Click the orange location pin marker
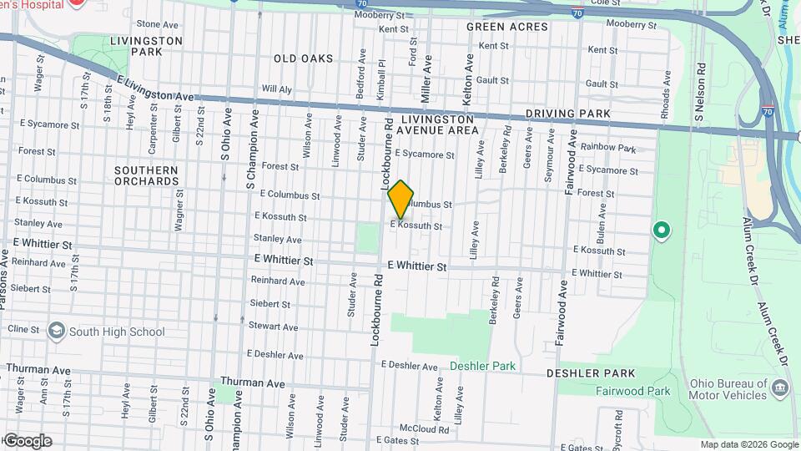tap(400, 200)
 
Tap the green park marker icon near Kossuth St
tap(662, 230)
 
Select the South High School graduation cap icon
tap(56, 332)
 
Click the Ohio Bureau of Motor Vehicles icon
tap(780, 388)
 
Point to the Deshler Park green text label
tap(482, 366)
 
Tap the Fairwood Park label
tap(633, 391)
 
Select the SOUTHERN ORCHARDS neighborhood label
tap(146, 175)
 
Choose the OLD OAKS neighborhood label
tap(303, 58)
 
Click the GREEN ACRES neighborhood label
tap(507, 27)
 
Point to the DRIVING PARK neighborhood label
tap(567, 114)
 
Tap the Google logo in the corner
tap(28, 441)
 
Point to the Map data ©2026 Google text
tap(748, 445)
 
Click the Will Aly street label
tap(276, 89)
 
